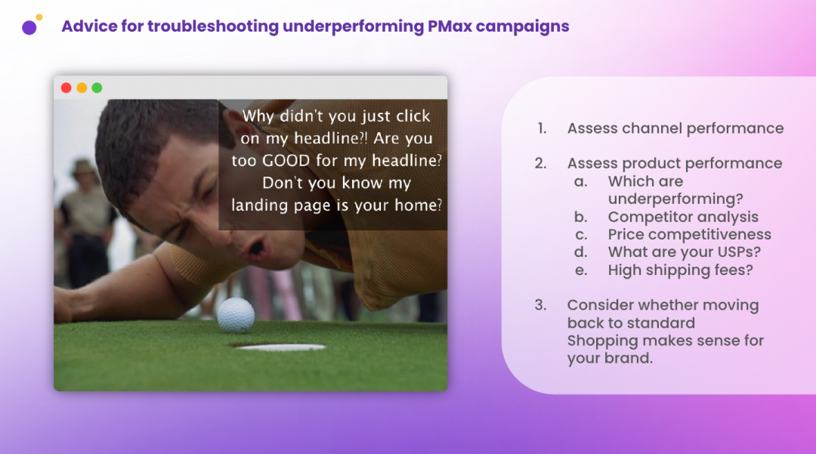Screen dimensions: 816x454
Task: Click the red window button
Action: pyautogui.click(x=66, y=88)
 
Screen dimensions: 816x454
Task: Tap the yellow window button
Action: pyautogui.click(x=82, y=88)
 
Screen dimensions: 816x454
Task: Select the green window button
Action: pyautogui.click(x=97, y=88)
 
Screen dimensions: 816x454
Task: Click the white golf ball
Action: pyautogui.click(x=236, y=315)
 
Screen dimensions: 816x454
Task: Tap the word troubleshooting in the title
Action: pyautogui.click(x=213, y=26)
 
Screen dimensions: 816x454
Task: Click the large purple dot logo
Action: pyautogui.click(x=29, y=27)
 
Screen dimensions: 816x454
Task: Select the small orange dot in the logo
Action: pyautogui.click(x=39, y=17)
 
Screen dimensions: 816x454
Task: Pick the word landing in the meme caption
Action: pyautogui.click(x=259, y=205)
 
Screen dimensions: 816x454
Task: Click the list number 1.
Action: pyautogui.click(x=542, y=128)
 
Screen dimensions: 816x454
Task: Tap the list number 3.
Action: pyautogui.click(x=541, y=304)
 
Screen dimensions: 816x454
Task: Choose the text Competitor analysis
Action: pyautogui.click(x=683, y=217)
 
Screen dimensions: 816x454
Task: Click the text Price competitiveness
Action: pyautogui.click(x=690, y=234)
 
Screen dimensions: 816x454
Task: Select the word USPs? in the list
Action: pyautogui.click(x=738, y=252)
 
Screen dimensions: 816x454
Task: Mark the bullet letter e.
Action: pyautogui.click(x=581, y=270)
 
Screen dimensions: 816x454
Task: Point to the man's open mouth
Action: pyautogui.click(x=255, y=246)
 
